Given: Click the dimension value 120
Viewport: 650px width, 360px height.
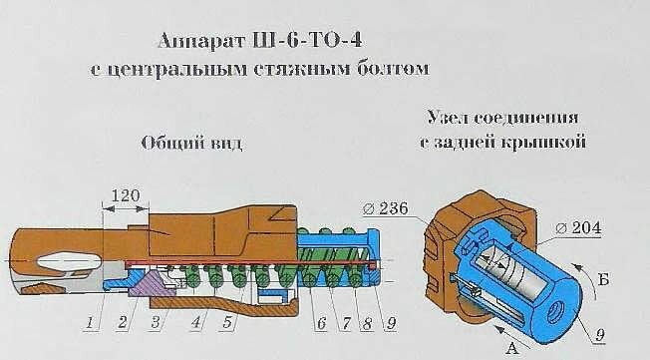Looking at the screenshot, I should [125, 195].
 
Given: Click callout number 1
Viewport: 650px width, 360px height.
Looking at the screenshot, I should [90, 323].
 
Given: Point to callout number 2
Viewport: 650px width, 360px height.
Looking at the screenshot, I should [123, 323].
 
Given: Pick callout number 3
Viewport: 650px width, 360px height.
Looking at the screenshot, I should [156, 323].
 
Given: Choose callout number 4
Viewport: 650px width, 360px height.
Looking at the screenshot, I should [196, 323].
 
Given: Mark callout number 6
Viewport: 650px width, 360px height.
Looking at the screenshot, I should [321, 323].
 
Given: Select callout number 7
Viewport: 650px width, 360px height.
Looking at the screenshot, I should [345, 323].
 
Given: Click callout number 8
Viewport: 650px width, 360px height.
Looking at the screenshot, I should [369, 323].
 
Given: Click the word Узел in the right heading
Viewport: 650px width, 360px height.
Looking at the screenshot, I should [447, 116].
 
